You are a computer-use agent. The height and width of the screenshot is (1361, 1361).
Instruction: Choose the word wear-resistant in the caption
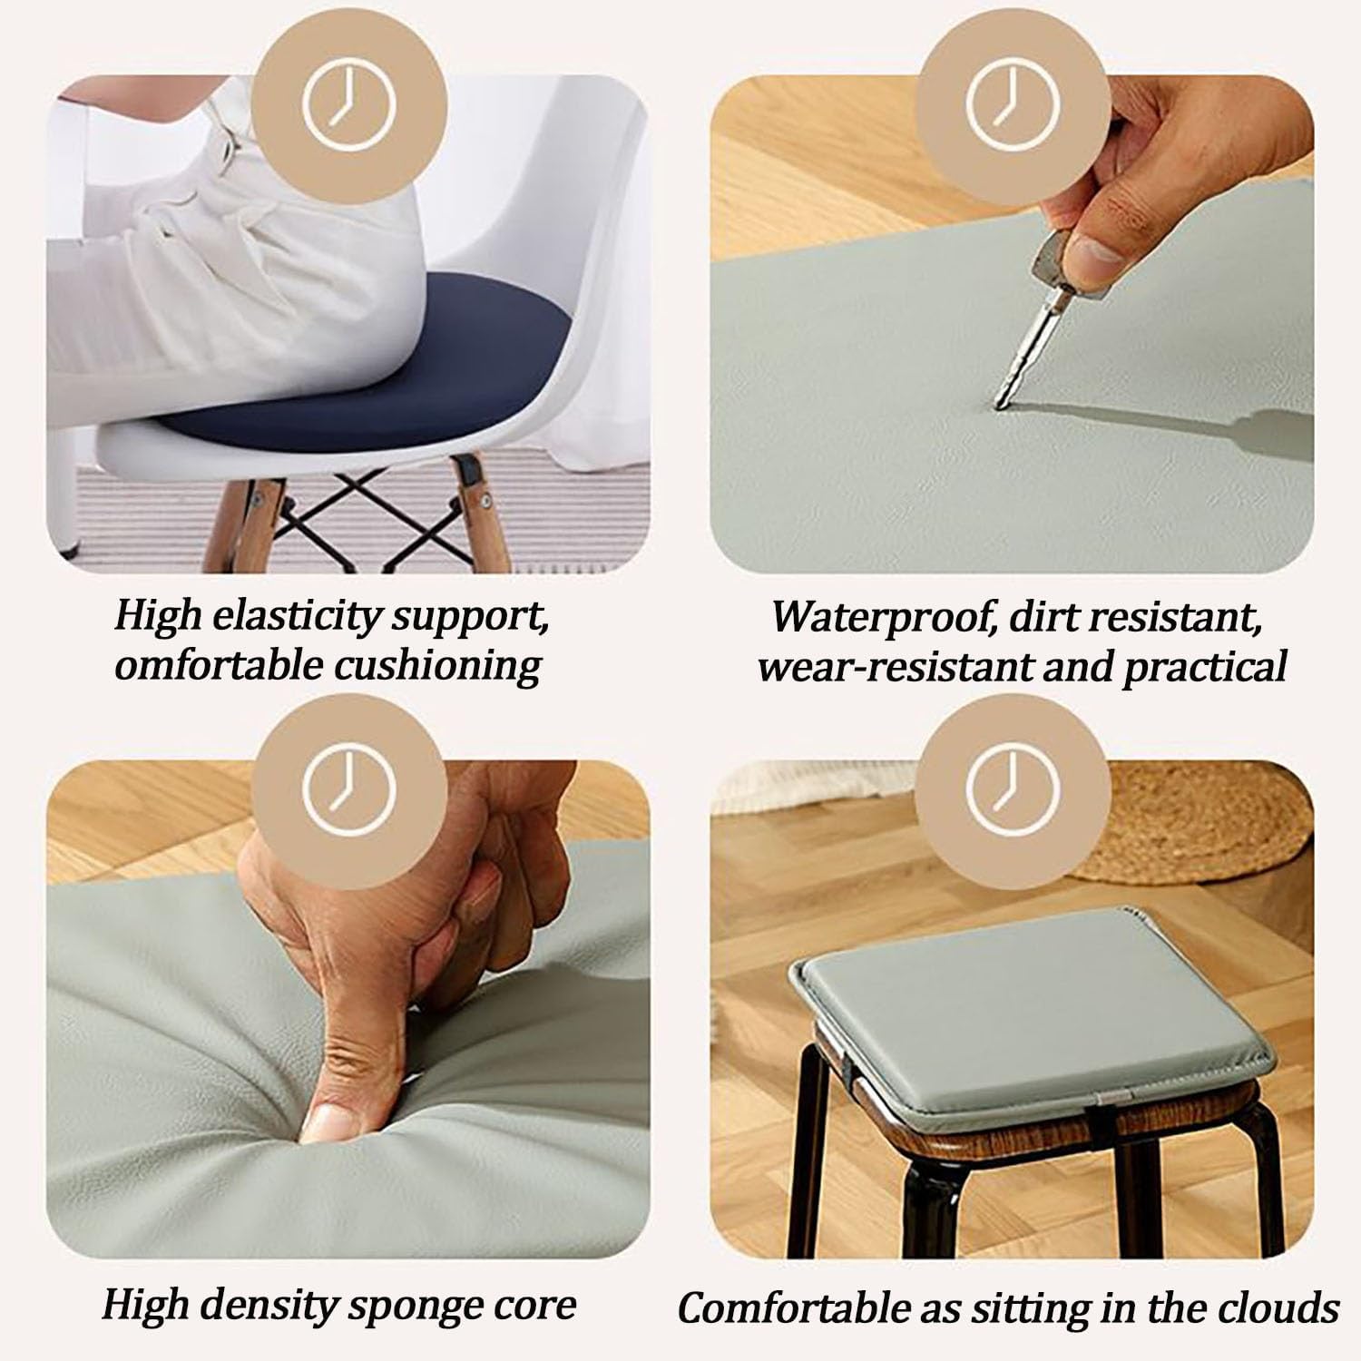tap(894, 667)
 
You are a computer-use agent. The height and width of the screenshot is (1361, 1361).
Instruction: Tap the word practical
tap(1206, 668)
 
